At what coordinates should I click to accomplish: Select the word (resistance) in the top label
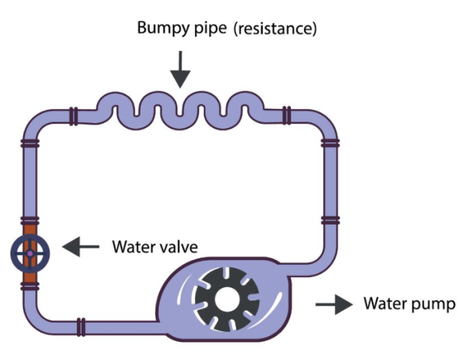coord(279,30)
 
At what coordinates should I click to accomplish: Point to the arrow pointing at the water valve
coord(81,248)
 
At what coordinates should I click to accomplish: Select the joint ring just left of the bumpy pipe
coord(73,114)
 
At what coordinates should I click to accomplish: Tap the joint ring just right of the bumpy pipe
coord(287,114)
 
